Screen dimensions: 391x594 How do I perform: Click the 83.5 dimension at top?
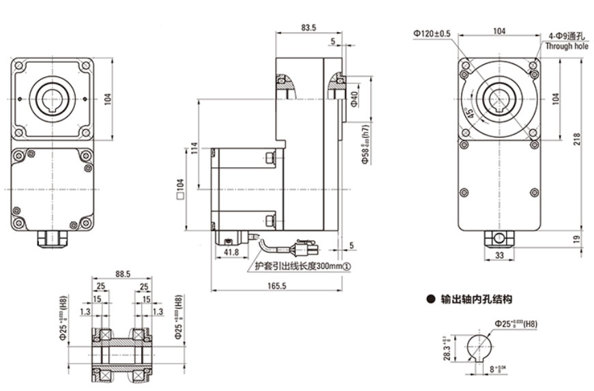pyautogui.click(x=308, y=28)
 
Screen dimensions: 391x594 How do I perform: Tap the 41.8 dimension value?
pyautogui.click(x=231, y=252)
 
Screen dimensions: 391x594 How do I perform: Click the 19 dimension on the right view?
pyautogui.click(x=577, y=239)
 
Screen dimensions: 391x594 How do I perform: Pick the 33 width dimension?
pyautogui.click(x=500, y=256)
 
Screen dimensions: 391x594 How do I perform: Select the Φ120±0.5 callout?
pyautogui.click(x=432, y=33)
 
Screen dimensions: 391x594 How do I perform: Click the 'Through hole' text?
pyautogui.click(x=567, y=47)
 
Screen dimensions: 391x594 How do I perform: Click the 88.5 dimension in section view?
pyautogui.click(x=123, y=274)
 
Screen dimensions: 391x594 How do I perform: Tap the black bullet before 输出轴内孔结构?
pyautogui.click(x=430, y=300)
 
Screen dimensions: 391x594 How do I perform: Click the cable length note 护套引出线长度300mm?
pyautogui.click(x=301, y=267)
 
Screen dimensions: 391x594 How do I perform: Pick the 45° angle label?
pyautogui.click(x=470, y=113)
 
